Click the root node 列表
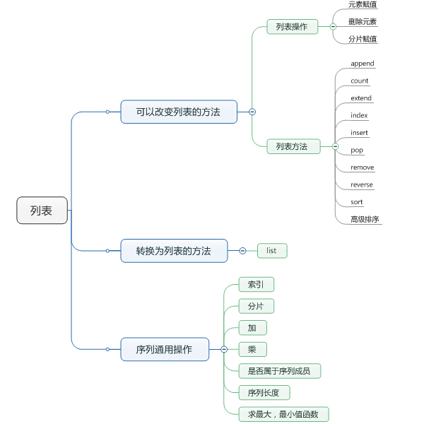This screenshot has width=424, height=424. click(42, 211)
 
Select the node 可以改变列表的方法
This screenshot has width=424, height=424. click(179, 112)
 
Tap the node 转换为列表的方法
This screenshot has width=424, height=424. click(174, 251)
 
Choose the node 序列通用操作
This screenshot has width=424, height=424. click(165, 349)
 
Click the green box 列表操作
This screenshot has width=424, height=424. click(292, 27)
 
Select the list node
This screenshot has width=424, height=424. click(272, 251)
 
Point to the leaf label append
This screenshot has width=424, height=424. click(363, 64)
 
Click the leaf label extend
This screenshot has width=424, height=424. click(361, 98)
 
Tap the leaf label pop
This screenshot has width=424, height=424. click(357, 150)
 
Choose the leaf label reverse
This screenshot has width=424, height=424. click(362, 184)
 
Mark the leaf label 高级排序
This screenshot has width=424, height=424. click(365, 219)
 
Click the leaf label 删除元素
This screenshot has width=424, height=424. click(363, 22)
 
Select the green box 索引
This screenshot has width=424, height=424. click(256, 285)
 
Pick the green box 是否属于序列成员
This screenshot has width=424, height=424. click(279, 370)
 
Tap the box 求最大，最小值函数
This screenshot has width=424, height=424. click(283, 414)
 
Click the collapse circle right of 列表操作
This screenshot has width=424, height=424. click(333, 27)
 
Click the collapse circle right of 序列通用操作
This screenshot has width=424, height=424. click(224, 349)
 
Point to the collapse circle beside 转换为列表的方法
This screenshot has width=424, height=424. click(242, 251)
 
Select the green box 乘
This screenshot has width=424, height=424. click(252, 349)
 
